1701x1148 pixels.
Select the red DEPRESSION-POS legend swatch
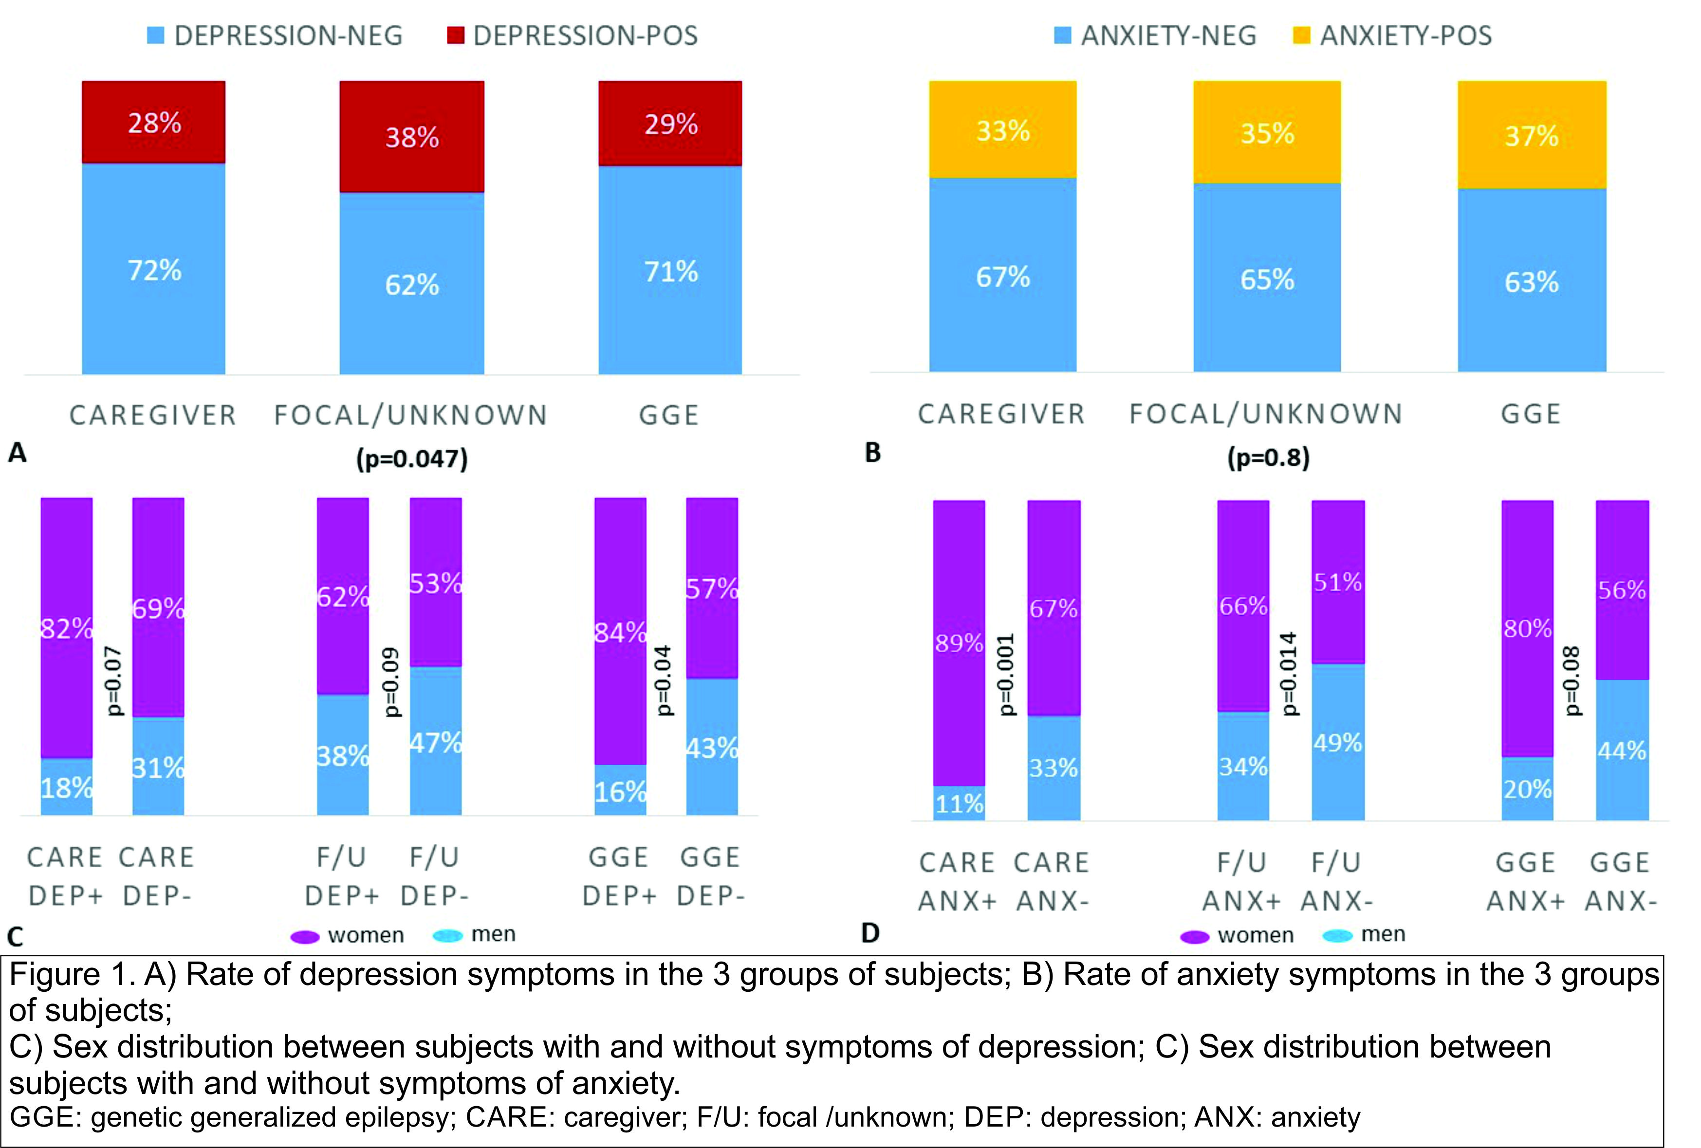pos(455,35)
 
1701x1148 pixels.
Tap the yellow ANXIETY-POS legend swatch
pos(1301,35)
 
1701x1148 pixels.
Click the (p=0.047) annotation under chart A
pos(412,459)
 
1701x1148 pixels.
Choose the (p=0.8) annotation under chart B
pos(1268,457)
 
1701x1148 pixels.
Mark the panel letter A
pos(17,453)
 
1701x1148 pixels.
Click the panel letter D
pos(870,933)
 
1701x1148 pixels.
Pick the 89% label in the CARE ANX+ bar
pos(959,643)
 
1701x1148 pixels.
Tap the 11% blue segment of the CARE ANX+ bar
pos(959,804)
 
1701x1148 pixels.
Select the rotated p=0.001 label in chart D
pos(1006,674)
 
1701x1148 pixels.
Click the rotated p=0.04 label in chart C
pos(663,680)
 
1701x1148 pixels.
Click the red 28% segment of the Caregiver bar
pos(154,122)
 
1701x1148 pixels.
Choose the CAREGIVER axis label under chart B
pos(1001,414)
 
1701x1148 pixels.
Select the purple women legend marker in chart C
pos(304,936)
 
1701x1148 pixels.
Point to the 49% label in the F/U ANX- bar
pos(1337,743)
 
